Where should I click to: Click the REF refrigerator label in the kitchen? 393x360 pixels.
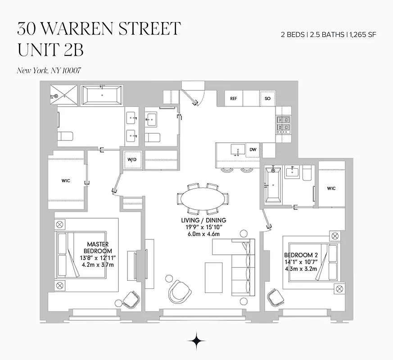click(x=233, y=99)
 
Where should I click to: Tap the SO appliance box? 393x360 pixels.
click(x=267, y=99)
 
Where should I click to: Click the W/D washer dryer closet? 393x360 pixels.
click(x=132, y=159)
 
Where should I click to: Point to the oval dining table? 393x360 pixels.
click(x=203, y=198)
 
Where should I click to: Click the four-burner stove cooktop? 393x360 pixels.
click(x=283, y=124)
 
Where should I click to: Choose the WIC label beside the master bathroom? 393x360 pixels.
click(x=66, y=181)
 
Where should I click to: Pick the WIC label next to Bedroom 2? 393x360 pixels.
click(x=332, y=188)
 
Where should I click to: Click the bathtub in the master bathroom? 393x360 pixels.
click(x=102, y=95)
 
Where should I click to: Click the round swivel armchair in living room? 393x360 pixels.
click(x=179, y=291)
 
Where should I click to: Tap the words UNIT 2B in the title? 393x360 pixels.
click(x=50, y=49)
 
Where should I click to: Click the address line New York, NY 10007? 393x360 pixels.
click(x=49, y=70)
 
